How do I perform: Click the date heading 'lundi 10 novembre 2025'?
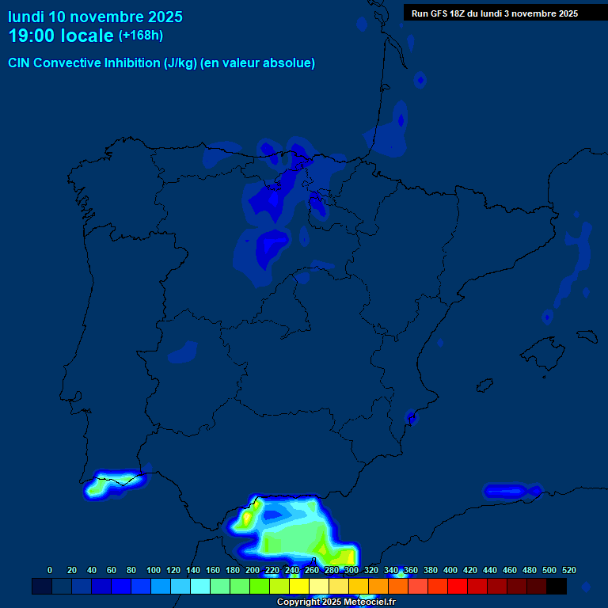pos(95,17)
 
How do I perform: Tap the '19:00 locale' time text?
pos(61,36)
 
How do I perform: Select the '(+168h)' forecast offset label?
pos(140,36)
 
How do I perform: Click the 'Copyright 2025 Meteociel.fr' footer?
pos(336,602)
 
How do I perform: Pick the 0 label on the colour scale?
pos(50,570)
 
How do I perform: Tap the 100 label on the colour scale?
pos(154,570)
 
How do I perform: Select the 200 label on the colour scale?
pos(253,570)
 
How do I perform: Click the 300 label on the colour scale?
pos(351,570)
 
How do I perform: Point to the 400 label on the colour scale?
pos(450,570)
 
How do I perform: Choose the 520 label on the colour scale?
pos(568,570)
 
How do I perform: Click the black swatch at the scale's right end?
pos(557,587)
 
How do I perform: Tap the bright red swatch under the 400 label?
pos(458,587)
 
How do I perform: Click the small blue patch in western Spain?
pos(183,351)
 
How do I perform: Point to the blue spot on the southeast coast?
pos(411,416)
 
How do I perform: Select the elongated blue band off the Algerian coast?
pos(511,491)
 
